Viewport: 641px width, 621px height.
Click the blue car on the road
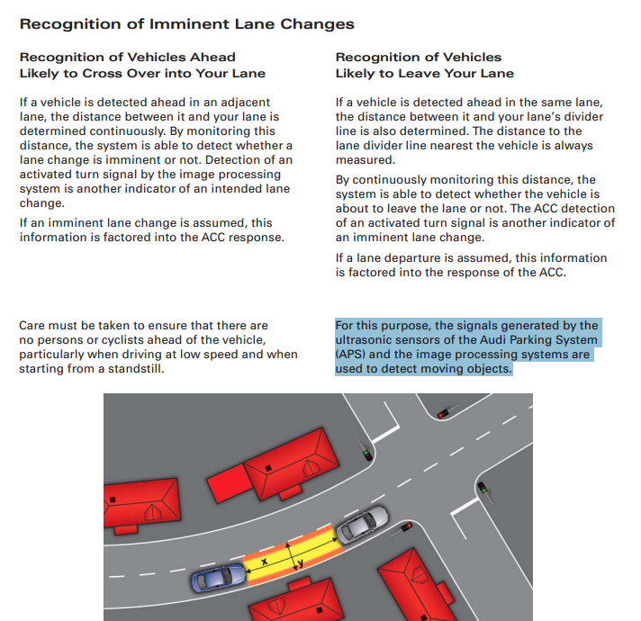point(216,576)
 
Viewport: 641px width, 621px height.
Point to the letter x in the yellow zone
point(264,562)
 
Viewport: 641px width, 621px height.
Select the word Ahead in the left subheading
point(212,57)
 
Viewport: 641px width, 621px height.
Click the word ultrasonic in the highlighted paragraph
point(366,340)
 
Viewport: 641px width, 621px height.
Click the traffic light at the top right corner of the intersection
point(442,412)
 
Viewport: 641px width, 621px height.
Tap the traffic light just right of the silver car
point(406,526)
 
